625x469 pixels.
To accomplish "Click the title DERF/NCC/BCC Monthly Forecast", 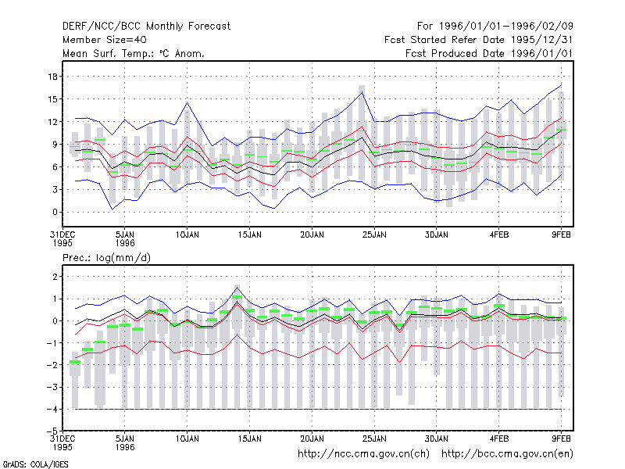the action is (146, 27).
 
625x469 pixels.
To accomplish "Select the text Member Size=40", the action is (105, 40).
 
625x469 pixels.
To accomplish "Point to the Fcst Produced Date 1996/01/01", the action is (489, 53).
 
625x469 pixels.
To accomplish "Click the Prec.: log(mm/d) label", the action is (106, 258).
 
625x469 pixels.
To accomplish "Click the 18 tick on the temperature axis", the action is (52, 76).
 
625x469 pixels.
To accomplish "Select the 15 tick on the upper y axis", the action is (52, 99).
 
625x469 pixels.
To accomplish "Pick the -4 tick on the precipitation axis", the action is (52, 409).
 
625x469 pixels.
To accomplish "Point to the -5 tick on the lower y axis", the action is (52, 431).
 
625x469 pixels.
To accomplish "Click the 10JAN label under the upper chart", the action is (187, 235).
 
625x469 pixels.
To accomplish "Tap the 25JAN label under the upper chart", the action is (374, 235).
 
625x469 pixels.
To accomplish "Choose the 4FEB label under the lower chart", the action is (499, 439).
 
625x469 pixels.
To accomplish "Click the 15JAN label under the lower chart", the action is (249, 439).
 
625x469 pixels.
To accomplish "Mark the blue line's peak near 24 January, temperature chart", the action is (362, 92).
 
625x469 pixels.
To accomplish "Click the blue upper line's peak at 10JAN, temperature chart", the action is (187, 103).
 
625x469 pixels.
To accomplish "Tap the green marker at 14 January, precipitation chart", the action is (237, 297).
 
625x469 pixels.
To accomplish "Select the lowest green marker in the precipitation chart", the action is (75, 362).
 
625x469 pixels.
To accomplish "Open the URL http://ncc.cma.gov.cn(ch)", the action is (363, 454).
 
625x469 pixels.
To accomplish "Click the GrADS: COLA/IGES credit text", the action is (35, 464).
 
